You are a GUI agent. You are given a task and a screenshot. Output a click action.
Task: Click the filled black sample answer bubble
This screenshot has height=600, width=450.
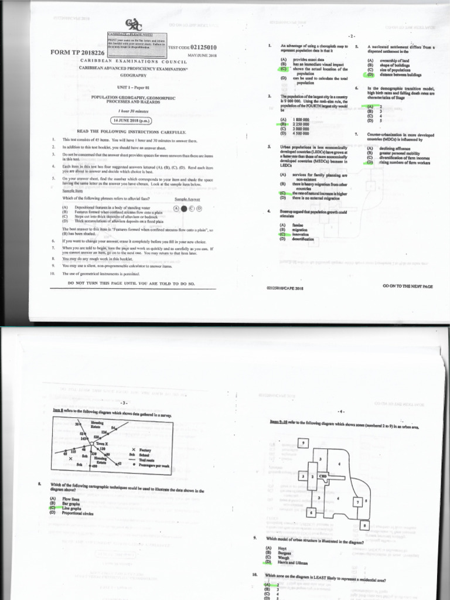click(x=191, y=207)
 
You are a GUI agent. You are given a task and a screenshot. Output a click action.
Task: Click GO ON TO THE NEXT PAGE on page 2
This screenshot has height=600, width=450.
click(x=407, y=287)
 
